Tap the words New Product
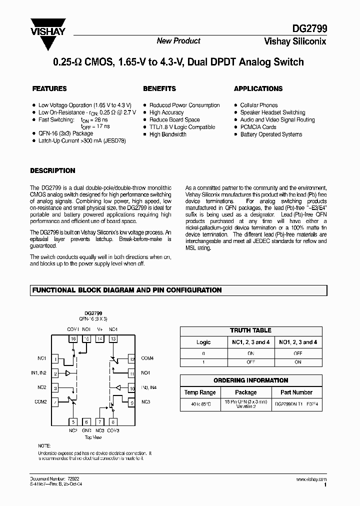click(x=178, y=41)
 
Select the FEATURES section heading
click(x=49, y=88)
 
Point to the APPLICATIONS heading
click(x=258, y=88)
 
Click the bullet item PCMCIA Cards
click(x=258, y=127)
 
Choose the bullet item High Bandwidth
click(x=168, y=134)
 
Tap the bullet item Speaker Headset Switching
click(x=272, y=112)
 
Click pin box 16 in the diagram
click(x=73, y=339)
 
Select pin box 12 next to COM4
click(x=131, y=359)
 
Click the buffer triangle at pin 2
click(x=68, y=373)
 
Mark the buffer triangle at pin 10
click(x=118, y=387)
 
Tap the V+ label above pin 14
click(x=100, y=329)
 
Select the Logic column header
click(x=203, y=342)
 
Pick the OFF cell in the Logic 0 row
click(x=297, y=353)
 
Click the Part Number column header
click(x=296, y=392)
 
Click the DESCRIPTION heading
click(x=52, y=170)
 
